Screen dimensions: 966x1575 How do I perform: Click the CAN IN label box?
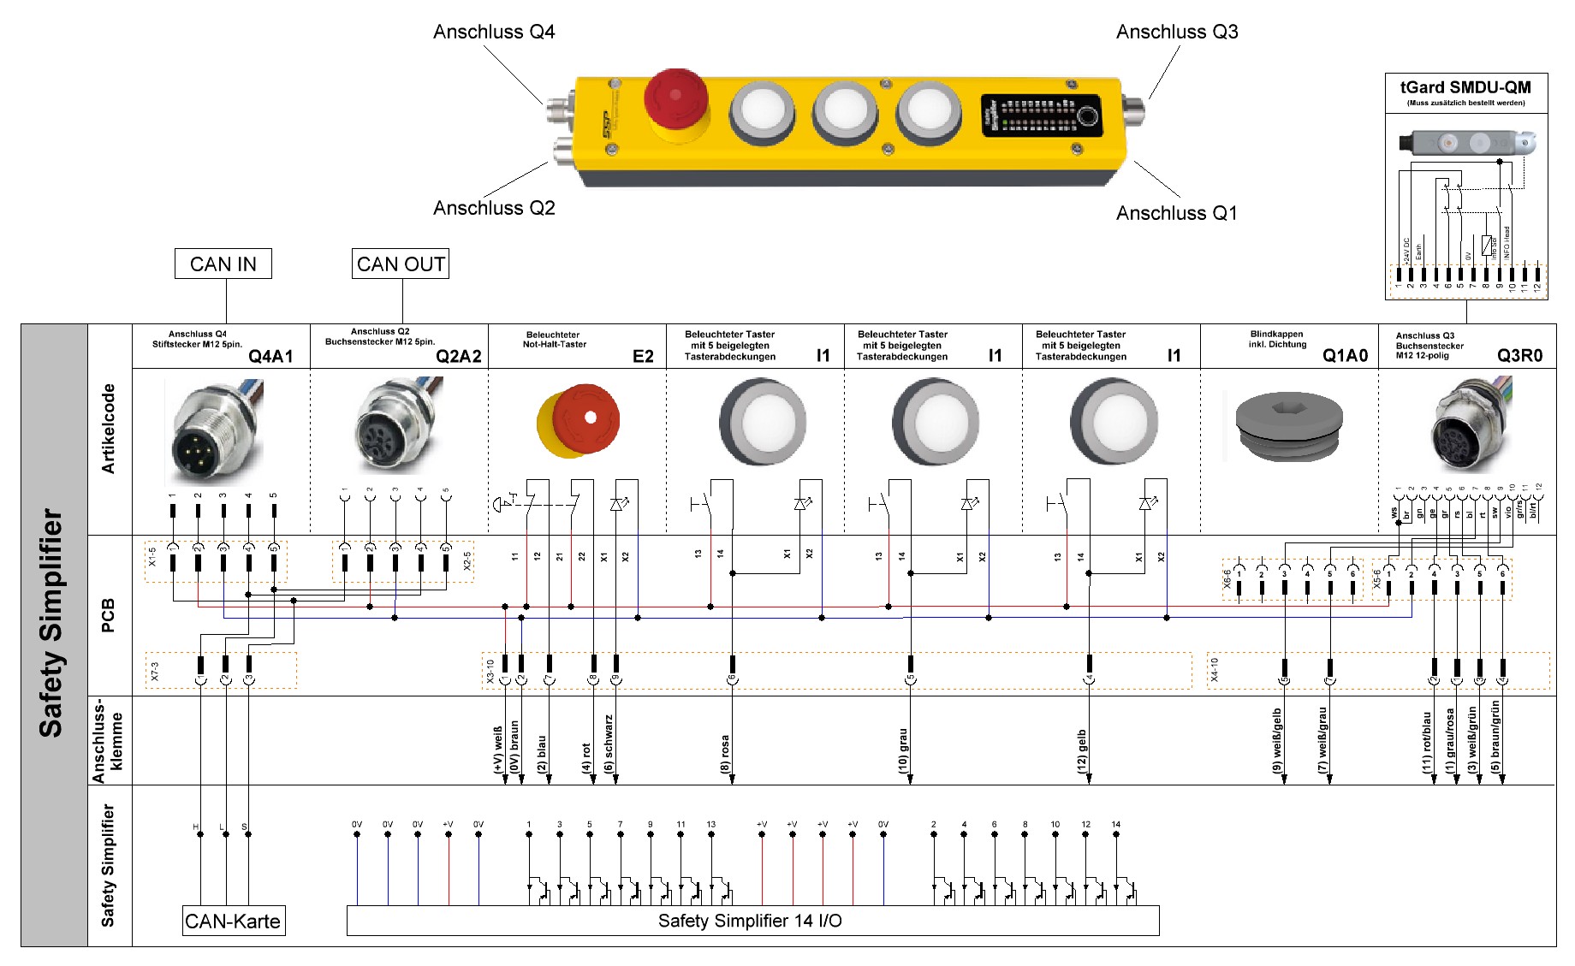[x=223, y=264]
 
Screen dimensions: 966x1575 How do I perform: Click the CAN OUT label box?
[x=401, y=264]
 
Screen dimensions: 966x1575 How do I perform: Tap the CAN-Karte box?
[x=233, y=922]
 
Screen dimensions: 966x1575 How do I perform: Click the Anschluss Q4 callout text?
[x=494, y=33]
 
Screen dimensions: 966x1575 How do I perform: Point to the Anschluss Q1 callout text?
[x=1176, y=213]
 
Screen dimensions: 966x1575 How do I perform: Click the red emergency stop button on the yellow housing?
[x=675, y=97]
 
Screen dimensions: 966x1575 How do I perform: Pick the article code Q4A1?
[x=270, y=356]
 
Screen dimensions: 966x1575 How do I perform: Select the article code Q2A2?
[x=458, y=356]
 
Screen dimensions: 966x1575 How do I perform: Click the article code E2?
[x=643, y=356]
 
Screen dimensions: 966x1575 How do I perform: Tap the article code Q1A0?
[x=1345, y=356]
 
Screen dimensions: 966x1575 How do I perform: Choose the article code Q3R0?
[x=1519, y=356]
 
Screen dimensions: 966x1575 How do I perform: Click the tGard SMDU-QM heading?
[x=1465, y=87]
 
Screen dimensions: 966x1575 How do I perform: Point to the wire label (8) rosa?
[x=725, y=755]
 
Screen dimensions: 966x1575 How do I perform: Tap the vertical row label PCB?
[x=108, y=615]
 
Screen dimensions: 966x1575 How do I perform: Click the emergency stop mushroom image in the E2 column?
[x=579, y=421]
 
